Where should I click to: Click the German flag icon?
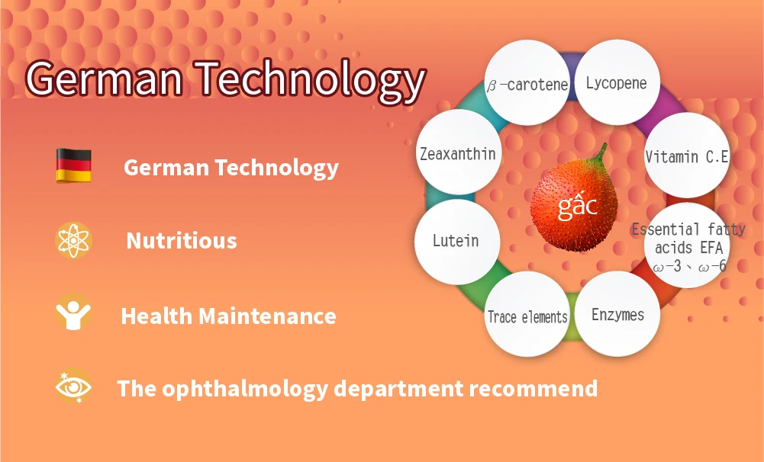pos(73,165)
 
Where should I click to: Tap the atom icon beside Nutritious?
pos(73,240)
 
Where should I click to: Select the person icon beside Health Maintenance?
pos(73,314)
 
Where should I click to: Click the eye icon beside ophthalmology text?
pos(73,387)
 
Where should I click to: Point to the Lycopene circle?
pos(617,82)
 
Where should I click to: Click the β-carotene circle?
pos(527,83)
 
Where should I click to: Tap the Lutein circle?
pos(457,242)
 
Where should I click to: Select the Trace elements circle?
pos(527,314)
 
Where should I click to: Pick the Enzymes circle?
pos(617,314)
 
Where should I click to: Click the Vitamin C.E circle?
pos(687,156)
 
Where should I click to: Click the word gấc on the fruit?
pos(577,205)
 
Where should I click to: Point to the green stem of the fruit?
pos(600,155)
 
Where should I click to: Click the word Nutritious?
pos(182,240)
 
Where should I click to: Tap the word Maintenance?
pos(267,316)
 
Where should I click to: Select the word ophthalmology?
pos(246,389)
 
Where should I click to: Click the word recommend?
pos(534,389)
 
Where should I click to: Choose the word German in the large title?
pos(105,78)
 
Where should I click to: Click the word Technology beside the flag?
pos(277,168)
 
